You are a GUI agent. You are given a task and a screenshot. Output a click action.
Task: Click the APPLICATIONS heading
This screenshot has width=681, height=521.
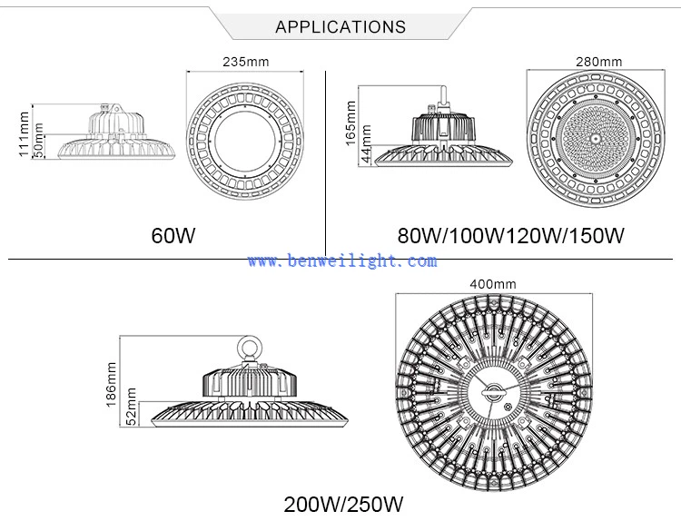pos(340,27)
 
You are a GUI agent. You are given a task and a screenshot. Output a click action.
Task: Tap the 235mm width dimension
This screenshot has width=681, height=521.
pos(246,62)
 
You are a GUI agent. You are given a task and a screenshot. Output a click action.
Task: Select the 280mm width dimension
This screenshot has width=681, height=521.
pos(599,62)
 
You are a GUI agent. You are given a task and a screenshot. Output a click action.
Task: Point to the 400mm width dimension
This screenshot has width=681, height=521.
pos(493,284)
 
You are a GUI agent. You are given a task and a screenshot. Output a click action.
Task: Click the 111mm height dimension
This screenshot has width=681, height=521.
pos(24,133)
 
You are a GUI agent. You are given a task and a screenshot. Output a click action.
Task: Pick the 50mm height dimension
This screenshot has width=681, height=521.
pos(39,141)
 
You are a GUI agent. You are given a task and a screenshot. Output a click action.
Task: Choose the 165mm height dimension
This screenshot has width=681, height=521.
pos(350,123)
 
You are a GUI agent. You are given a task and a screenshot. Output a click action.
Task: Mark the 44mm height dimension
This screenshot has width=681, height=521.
pos(367,144)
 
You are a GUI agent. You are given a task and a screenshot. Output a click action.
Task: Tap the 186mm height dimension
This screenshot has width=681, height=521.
pos(111,385)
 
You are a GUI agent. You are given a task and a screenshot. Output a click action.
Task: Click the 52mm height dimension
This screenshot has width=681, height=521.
pos(131,407)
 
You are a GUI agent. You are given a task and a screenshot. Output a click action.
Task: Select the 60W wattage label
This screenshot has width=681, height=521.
pos(173,235)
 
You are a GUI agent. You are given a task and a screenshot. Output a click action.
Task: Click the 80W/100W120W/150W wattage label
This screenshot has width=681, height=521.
pos(510,235)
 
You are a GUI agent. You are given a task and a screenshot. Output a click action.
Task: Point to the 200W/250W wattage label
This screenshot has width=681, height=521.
pos(343,505)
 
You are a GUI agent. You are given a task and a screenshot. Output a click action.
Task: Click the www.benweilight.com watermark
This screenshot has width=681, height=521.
pos(342,260)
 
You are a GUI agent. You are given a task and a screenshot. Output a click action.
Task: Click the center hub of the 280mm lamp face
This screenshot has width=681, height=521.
pos(595,138)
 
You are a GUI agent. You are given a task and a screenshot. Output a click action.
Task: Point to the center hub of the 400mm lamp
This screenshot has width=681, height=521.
pos(493,392)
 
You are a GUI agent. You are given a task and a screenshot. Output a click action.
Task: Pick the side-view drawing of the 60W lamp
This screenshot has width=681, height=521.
pos(116,131)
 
